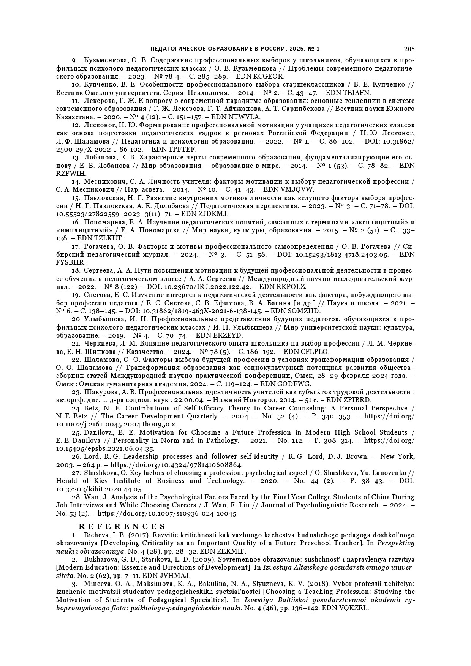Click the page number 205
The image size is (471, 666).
coord(409,49)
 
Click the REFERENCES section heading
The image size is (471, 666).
coord(122,526)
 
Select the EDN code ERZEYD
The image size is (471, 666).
coord(229,335)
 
